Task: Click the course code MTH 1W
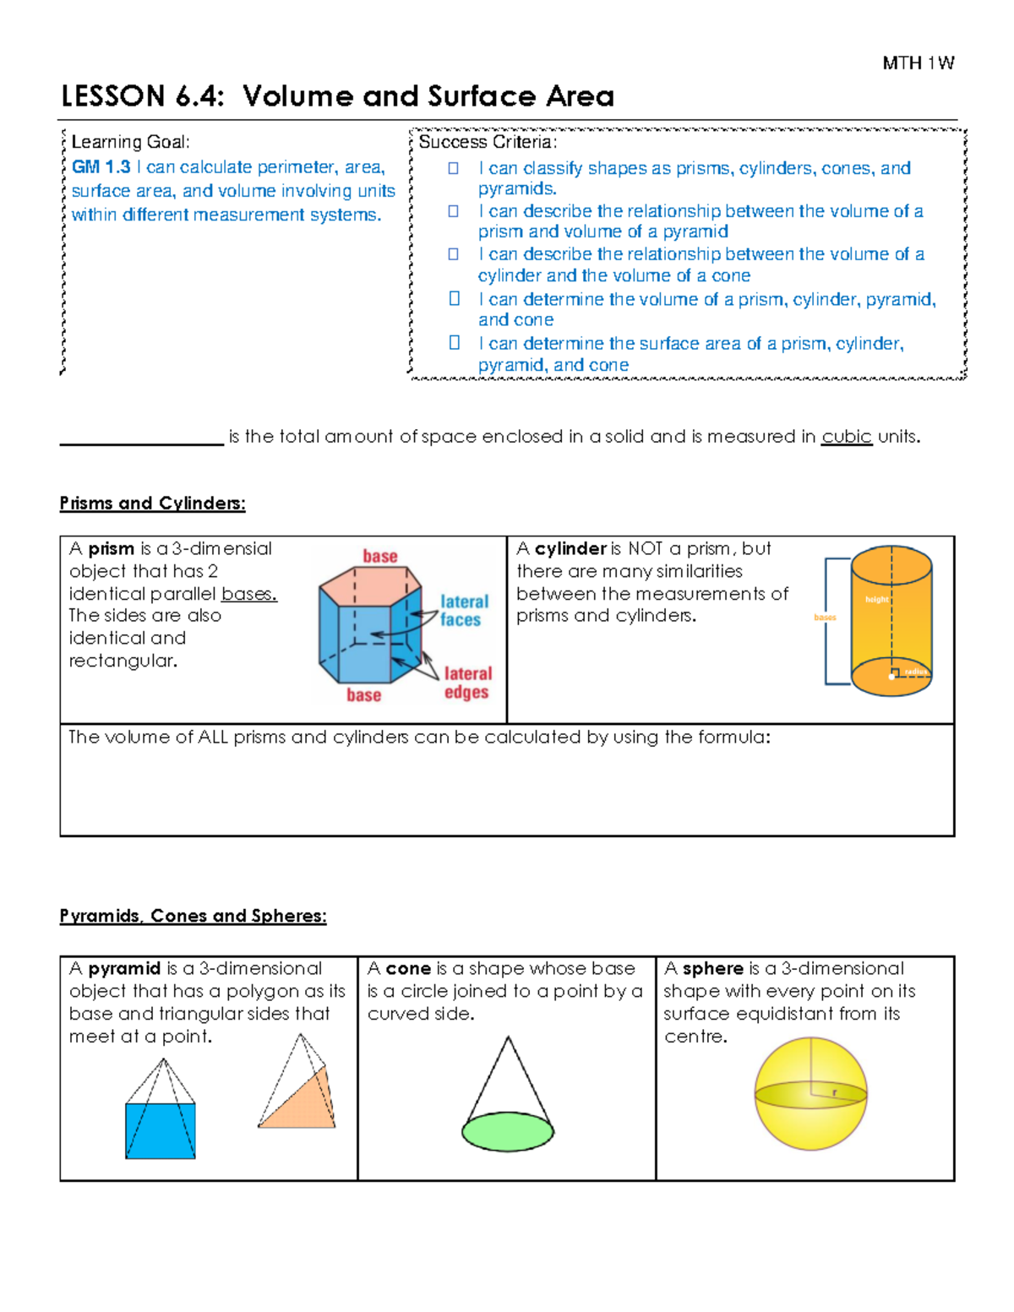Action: point(918,63)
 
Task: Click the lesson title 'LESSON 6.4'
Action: point(142,96)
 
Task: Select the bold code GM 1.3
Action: point(101,167)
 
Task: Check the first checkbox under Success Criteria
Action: point(454,168)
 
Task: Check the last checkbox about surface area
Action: point(454,343)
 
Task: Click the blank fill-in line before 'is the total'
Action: point(141,438)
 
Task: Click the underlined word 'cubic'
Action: point(846,437)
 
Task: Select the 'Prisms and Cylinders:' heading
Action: point(152,504)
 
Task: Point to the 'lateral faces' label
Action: point(463,610)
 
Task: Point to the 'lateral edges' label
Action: point(467,683)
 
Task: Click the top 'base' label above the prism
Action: point(380,556)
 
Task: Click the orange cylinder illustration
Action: point(891,621)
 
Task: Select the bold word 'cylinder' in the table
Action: point(570,548)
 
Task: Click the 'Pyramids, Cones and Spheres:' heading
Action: point(193,916)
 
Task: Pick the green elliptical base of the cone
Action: point(508,1131)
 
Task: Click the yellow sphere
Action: point(810,1093)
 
